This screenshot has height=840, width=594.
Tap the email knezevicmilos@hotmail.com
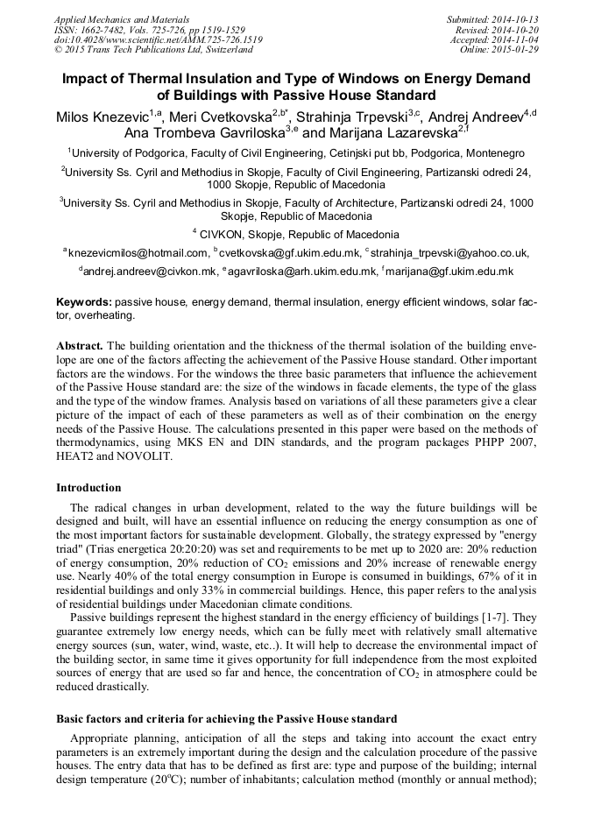(138, 253)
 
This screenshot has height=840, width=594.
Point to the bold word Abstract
(80, 346)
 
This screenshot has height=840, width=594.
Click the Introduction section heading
(88, 488)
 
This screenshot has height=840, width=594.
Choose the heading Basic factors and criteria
(227, 718)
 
